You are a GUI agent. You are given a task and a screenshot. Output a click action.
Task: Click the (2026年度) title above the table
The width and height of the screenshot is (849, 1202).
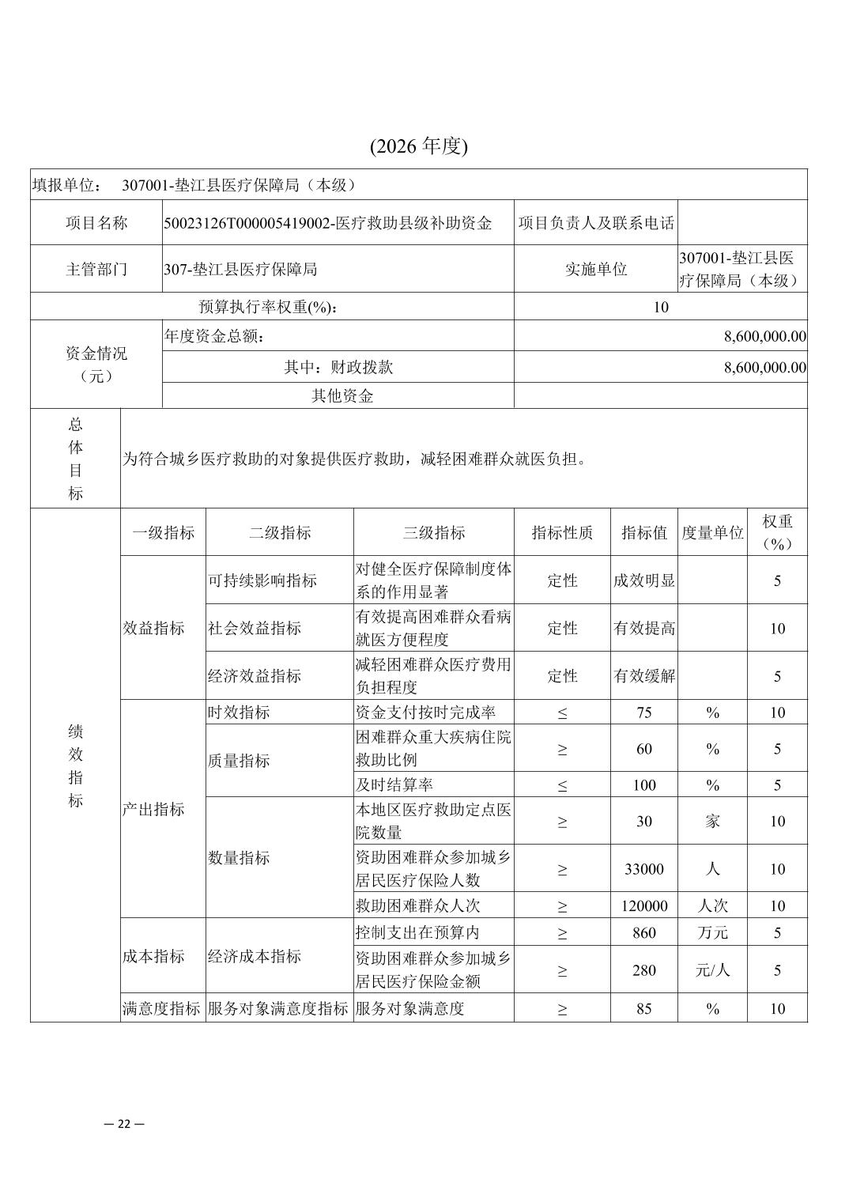click(x=418, y=146)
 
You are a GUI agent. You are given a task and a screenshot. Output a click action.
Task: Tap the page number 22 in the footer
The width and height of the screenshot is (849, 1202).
click(x=124, y=1124)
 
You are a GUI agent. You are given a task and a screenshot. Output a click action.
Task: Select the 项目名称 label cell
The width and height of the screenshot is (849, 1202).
click(x=96, y=223)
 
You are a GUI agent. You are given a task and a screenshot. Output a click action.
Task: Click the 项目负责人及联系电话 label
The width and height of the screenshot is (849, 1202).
click(x=596, y=223)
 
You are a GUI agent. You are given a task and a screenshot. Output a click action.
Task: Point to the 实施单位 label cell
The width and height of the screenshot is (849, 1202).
click(x=596, y=269)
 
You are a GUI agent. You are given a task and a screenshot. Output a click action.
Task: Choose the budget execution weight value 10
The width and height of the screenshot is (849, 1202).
click(x=661, y=307)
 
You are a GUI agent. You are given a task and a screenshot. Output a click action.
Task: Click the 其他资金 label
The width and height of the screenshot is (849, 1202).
click(x=341, y=396)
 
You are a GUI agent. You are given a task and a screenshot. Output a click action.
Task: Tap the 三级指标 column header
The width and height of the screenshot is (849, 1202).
click(x=433, y=533)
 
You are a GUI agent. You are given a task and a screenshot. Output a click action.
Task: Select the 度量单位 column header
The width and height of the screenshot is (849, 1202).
click(x=712, y=533)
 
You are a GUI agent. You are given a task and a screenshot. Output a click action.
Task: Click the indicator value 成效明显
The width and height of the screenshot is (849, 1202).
click(x=644, y=580)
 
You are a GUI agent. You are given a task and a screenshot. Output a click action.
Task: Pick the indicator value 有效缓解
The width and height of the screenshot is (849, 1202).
click(x=644, y=676)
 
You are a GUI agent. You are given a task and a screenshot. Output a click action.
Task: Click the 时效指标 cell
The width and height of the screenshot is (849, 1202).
click(x=239, y=713)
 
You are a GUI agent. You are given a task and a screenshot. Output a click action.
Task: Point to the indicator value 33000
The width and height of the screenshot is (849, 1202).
click(x=644, y=869)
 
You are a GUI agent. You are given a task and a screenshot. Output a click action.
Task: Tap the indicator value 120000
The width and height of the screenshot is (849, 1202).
click(x=644, y=906)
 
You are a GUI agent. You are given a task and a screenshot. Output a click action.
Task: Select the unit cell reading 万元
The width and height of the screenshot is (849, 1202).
click(x=712, y=933)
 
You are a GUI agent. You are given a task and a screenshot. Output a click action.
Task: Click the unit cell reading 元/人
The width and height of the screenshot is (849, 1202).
click(x=712, y=970)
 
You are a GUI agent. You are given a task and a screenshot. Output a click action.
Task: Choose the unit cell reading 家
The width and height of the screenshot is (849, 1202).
click(x=712, y=822)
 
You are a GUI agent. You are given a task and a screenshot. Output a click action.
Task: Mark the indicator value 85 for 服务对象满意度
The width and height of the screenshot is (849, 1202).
click(x=644, y=1009)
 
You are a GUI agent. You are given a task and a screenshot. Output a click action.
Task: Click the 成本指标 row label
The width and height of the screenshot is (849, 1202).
click(x=154, y=957)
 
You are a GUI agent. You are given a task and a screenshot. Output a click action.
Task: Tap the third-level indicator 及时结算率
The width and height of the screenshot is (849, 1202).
click(x=394, y=785)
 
